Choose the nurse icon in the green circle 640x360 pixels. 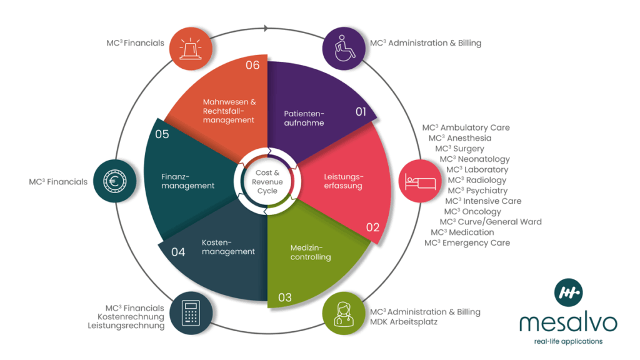[x=344, y=312]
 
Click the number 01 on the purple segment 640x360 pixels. [x=361, y=112]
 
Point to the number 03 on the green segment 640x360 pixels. [x=284, y=297]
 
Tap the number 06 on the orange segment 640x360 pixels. [x=252, y=65]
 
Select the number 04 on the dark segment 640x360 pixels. [x=178, y=252]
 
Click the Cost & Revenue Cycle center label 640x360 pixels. [x=267, y=181]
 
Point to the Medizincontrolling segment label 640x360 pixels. [x=311, y=252]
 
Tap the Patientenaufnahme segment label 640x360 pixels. [x=304, y=118]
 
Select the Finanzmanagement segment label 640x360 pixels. [x=187, y=181]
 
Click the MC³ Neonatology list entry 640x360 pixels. [x=474, y=159]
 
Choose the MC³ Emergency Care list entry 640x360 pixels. [x=467, y=243]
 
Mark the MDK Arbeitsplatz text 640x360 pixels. [x=404, y=322]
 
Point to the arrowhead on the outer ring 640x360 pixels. [x=266, y=28]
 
